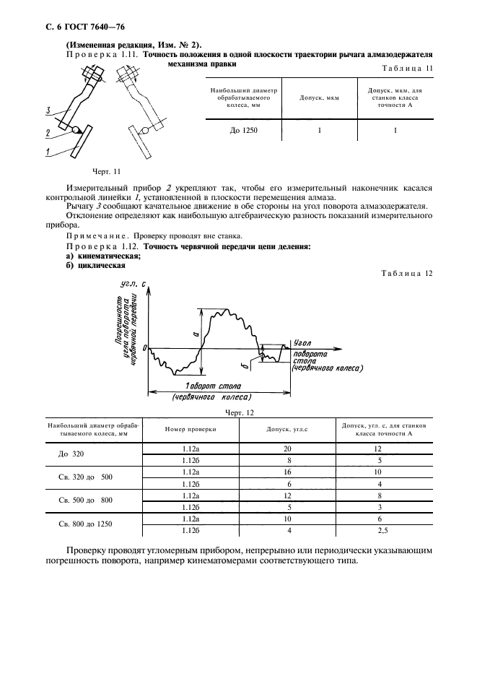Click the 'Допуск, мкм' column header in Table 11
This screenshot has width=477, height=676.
point(319,97)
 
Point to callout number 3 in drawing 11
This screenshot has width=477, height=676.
point(48,111)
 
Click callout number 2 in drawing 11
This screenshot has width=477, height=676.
point(48,133)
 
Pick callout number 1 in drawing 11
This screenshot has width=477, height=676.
point(48,152)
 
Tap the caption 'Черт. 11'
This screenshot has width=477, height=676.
point(106,171)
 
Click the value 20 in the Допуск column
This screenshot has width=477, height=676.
point(289,448)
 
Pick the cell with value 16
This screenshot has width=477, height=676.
point(289,472)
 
